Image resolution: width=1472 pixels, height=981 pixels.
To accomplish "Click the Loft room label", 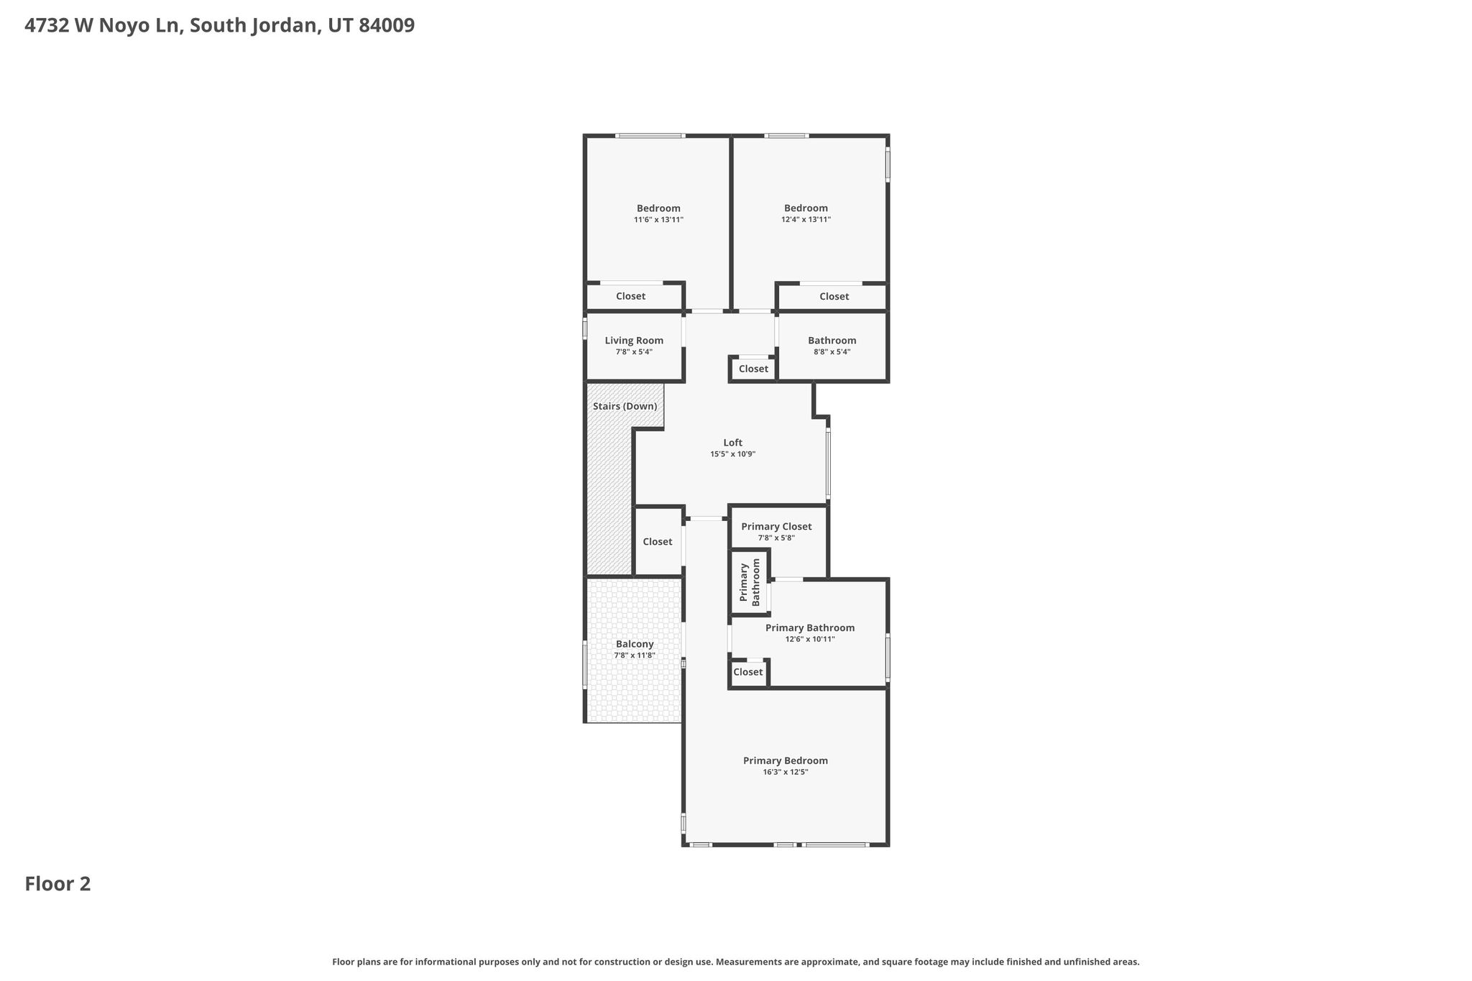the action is (732, 443).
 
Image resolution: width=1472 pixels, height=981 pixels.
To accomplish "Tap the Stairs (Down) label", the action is (625, 407).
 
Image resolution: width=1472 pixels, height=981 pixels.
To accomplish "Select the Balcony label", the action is (635, 644).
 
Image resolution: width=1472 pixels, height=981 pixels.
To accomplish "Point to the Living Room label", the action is (634, 341).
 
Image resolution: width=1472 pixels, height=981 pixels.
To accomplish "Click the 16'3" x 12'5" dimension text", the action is (786, 772).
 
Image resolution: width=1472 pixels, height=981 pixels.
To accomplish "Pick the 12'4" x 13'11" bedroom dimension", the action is (806, 219).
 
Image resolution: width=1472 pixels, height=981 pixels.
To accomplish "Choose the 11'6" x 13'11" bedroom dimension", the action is (658, 219).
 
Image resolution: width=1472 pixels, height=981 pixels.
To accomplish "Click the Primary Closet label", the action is (776, 527).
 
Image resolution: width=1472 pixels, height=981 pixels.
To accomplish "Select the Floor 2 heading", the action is (57, 884).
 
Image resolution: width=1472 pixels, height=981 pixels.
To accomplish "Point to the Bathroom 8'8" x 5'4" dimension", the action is (832, 352).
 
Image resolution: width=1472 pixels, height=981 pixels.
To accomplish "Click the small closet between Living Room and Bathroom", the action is (753, 369).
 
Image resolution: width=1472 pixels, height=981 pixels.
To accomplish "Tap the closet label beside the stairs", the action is (658, 542).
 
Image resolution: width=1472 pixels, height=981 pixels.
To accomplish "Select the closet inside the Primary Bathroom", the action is (748, 672).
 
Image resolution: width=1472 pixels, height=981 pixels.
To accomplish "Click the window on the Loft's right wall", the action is (828, 464).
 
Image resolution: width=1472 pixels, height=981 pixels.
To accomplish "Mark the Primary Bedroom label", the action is (786, 760).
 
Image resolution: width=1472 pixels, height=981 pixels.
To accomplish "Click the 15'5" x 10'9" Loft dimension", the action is (732, 454).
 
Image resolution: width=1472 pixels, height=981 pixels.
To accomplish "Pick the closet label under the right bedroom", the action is (834, 297).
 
